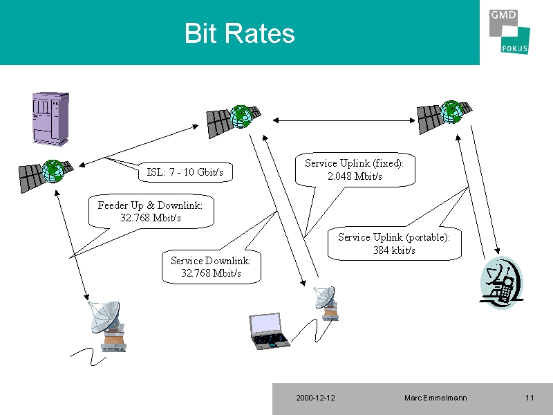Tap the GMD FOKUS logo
click(509, 32)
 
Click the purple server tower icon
click(50, 119)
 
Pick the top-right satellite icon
click(444, 117)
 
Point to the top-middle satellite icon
click(234, 121)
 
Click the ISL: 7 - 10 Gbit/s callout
click(185, 172)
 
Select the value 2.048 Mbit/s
click(355, 176)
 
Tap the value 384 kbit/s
click(394, 250)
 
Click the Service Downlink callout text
click(211, 267)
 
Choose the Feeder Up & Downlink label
click(150, 205)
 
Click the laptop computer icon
click(269, 331)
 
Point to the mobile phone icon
click(502, 283)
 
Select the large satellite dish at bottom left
click(107, 326)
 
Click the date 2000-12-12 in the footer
click(315, 398)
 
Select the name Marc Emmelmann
click(435, 398)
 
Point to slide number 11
click(529, 398)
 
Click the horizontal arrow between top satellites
click(344, 120)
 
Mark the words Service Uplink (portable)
click(394, 237)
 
